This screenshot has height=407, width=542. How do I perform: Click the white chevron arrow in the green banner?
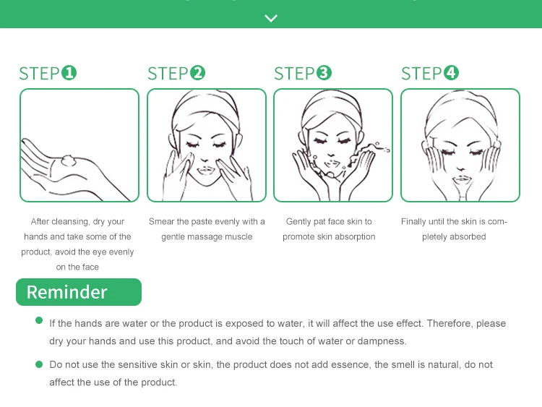[271, 18]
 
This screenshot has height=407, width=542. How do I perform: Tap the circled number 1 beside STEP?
[69, 73]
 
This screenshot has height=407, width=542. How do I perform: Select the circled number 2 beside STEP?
[197, 73]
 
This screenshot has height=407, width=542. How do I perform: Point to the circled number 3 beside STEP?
[324, 73]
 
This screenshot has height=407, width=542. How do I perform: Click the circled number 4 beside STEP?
[451, 73]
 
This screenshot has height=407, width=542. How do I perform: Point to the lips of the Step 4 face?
[462, 179]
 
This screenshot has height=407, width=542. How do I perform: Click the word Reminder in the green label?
[66, 292]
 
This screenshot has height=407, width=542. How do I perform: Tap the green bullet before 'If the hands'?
[39, 320]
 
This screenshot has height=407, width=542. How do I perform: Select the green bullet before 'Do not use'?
[39, 364]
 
